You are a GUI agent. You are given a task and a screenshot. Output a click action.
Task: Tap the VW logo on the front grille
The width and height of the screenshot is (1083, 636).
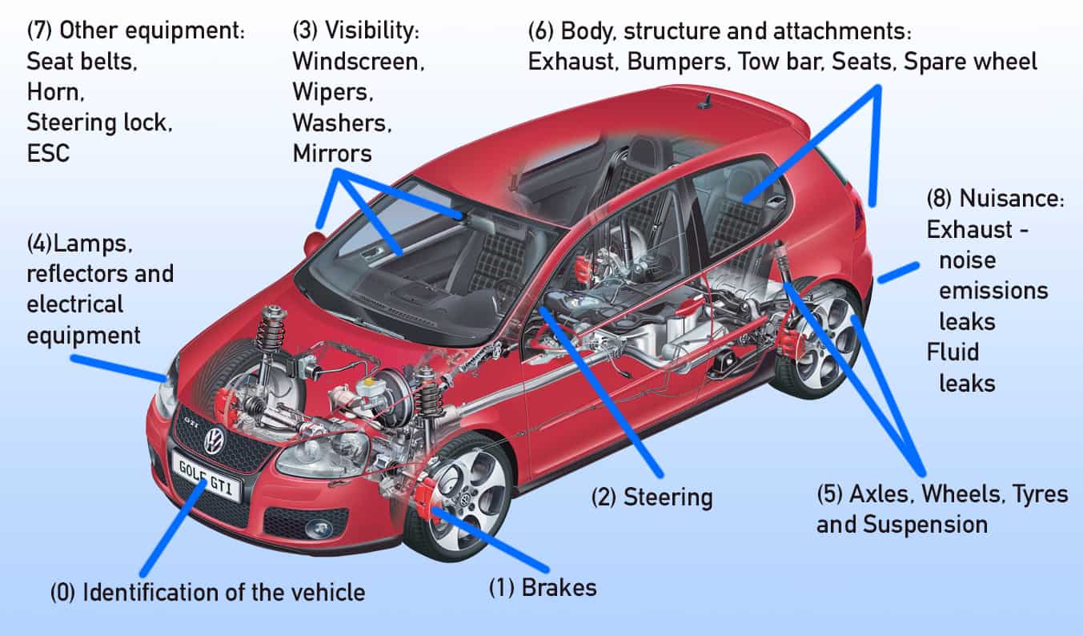coord(214,440)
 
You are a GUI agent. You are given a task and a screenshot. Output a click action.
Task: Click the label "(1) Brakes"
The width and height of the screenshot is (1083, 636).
coord(543,587)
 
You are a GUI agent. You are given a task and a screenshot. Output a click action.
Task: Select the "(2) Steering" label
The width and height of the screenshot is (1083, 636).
coord(652,497)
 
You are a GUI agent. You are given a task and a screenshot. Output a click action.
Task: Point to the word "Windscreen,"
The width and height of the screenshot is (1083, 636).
coord(358,61)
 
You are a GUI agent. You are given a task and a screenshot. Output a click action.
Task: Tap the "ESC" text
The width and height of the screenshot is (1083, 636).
coord(49,152)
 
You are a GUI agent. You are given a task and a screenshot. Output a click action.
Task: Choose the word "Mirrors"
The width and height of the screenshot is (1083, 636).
coord(332,152)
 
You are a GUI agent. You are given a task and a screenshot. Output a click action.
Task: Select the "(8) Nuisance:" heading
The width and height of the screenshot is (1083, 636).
coord(995,199)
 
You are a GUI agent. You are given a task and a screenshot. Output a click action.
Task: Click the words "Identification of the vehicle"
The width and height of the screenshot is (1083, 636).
coord(224,593)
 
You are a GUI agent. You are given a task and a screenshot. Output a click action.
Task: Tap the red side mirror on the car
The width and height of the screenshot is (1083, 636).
coord(314,243)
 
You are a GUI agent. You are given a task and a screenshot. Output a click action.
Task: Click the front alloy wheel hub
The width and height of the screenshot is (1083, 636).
coord(465,499)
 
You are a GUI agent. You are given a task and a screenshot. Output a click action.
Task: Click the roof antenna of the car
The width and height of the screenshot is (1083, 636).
coord(705,102)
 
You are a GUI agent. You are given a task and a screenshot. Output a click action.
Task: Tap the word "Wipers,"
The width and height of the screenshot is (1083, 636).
coord(333,91)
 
